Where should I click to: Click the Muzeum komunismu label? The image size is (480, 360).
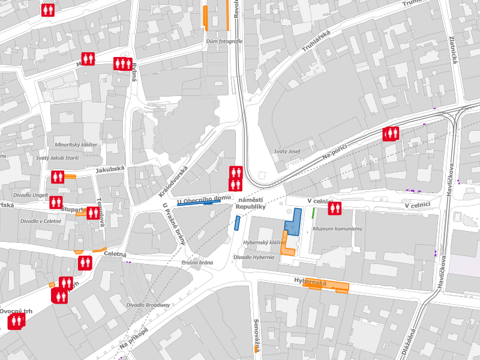pos(338,229)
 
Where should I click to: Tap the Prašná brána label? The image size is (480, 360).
pos(197,262)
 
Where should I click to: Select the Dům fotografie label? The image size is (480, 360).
pos(224,41)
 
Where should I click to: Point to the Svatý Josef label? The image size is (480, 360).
pos(286,152)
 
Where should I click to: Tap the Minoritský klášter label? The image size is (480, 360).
pos(76,145)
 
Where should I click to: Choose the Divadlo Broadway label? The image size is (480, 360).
pos(148,305)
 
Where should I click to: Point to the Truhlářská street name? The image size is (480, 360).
pos(317,44)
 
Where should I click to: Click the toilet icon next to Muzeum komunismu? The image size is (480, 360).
pos(334,208)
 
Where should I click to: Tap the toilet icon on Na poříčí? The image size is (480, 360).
pos(391,133)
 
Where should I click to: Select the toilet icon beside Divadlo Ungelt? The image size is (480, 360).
pos(56,202)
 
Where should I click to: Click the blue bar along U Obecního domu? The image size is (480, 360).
pos(198,203)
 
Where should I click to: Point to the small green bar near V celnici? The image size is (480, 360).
pos(313,212)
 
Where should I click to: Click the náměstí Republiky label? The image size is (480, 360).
pos(250,203)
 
